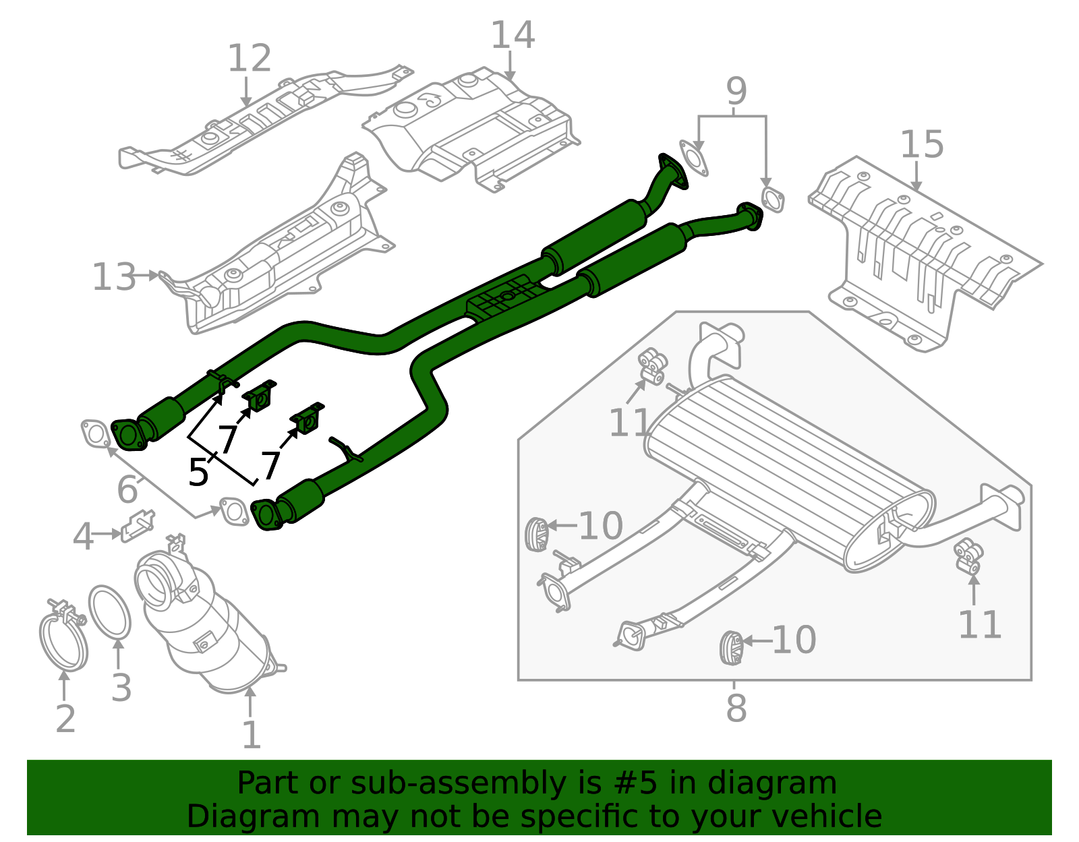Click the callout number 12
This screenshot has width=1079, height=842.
[250, 59]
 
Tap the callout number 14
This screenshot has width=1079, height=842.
[513, 35]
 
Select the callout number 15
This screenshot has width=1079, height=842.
[922, 145]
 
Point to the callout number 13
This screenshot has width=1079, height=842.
[113, 277]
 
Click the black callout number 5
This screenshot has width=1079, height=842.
[198, 472]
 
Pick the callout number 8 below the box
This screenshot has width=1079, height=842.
[736, 709]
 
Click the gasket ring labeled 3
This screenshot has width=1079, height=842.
[109, 611]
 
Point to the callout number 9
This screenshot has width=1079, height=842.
[736, 91]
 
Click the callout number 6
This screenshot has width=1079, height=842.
[127, 489]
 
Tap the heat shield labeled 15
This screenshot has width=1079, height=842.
[924, 256]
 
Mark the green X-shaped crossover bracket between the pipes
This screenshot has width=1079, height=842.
[503, 298]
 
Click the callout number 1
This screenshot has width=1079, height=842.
[251, 735]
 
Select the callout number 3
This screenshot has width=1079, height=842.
[121, 688]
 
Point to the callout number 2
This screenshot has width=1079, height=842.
[65, 719]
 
